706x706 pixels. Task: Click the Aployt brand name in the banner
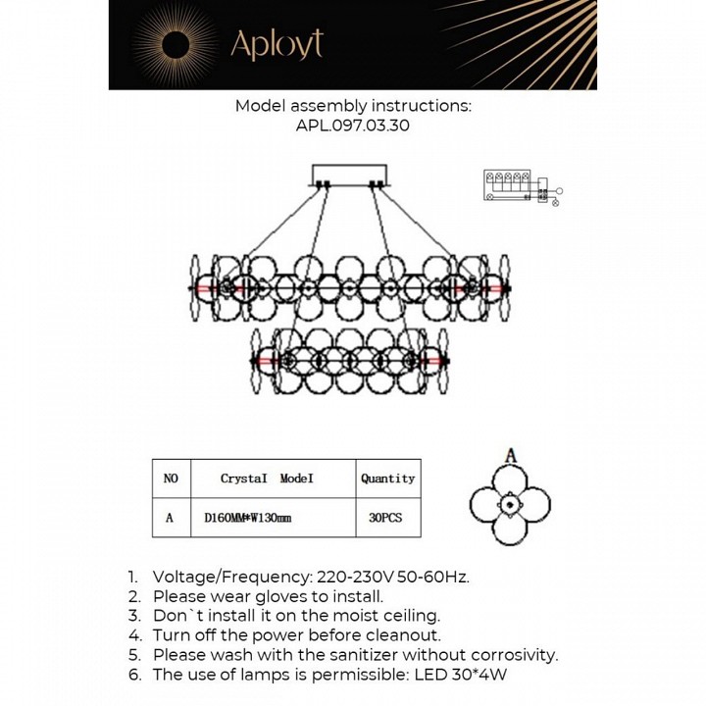276,43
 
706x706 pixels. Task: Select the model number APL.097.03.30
353,126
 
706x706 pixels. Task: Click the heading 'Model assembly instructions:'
353,106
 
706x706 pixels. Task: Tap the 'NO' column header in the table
171,479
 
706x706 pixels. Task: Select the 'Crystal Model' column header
266,479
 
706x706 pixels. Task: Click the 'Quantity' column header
387,479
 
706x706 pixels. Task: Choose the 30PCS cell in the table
386,518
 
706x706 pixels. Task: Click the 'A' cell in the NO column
171,518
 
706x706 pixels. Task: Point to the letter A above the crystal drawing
509,455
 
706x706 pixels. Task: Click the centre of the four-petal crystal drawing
509,505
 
